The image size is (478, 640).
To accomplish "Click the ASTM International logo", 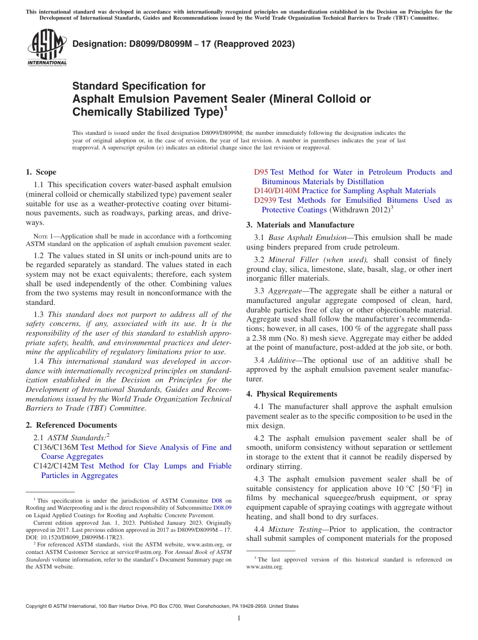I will tap(47, 48).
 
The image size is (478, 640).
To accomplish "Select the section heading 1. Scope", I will tap(41, 172).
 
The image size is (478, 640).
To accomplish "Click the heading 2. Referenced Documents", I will tap(71, 425).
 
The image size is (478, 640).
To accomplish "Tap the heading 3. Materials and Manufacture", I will tap(300, 225).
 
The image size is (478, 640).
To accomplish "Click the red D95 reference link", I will tap(261, 172).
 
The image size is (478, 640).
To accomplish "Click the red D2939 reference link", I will tap(265, 200).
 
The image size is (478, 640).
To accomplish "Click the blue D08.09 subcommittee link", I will tap(222, 508).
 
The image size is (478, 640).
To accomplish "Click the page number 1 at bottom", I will tap(239, 618).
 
